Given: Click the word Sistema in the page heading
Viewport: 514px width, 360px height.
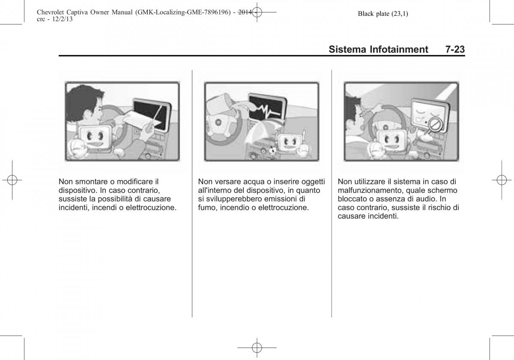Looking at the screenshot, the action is coord(347,49).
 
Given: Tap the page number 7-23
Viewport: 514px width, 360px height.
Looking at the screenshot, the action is coord(455,49).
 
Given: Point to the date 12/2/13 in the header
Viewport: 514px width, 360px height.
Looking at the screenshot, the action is coord(62,19).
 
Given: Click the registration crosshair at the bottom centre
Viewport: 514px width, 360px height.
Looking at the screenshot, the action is coord(257,348).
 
